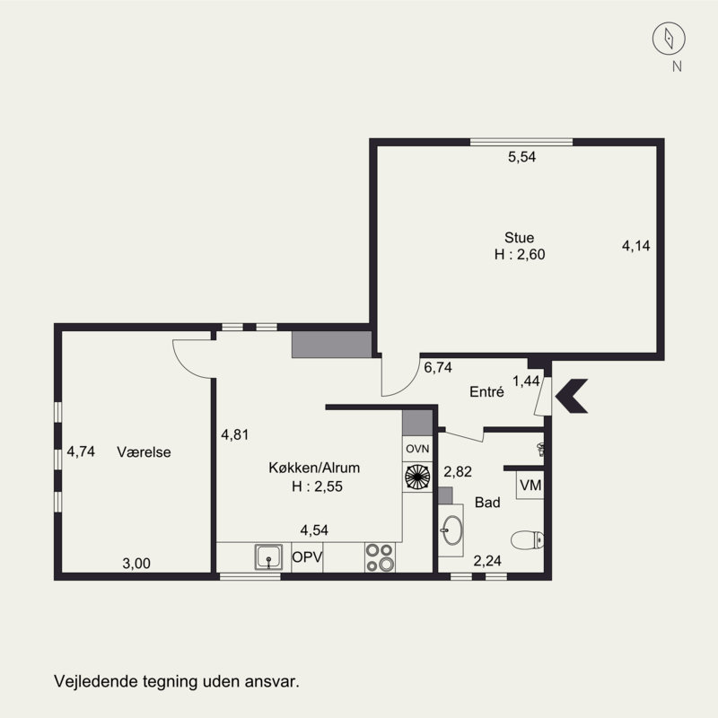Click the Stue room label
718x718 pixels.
[x=520, y=238]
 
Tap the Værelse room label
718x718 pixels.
[x=144, y=452]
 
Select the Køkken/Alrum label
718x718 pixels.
[x=314, y=468]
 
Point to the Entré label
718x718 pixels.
[x=486, y=392]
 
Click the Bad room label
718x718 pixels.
[x=487, y=503]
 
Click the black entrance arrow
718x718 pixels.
[x=571, y=396]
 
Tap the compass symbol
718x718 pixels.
[x=669, y=39]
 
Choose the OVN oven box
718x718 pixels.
[x=417, y=449]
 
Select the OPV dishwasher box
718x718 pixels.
[x=307, y=557]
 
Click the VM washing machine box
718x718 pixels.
[x=530, y=485]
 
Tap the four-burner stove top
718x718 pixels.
[x=380, y=557]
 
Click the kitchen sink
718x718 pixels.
[x=268, y=557]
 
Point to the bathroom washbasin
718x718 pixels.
[x=452, y=530]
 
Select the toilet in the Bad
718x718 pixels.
[x=527, y=540]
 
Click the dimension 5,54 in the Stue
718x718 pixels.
[x=521, y=157]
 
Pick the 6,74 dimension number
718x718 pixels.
[x=438, y=367]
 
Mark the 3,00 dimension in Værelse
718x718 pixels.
[x=136, y=564]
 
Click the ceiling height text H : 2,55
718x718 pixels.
[x=317, y=486]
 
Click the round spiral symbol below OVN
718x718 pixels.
[x=417, y=477]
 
